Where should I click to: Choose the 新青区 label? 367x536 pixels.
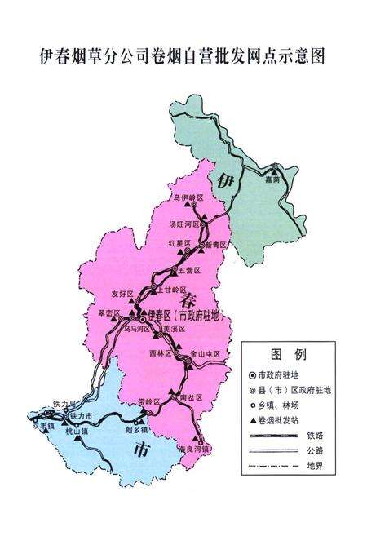[x=218, y=244]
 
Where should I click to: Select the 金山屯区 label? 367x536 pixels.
[x=206, y=353]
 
